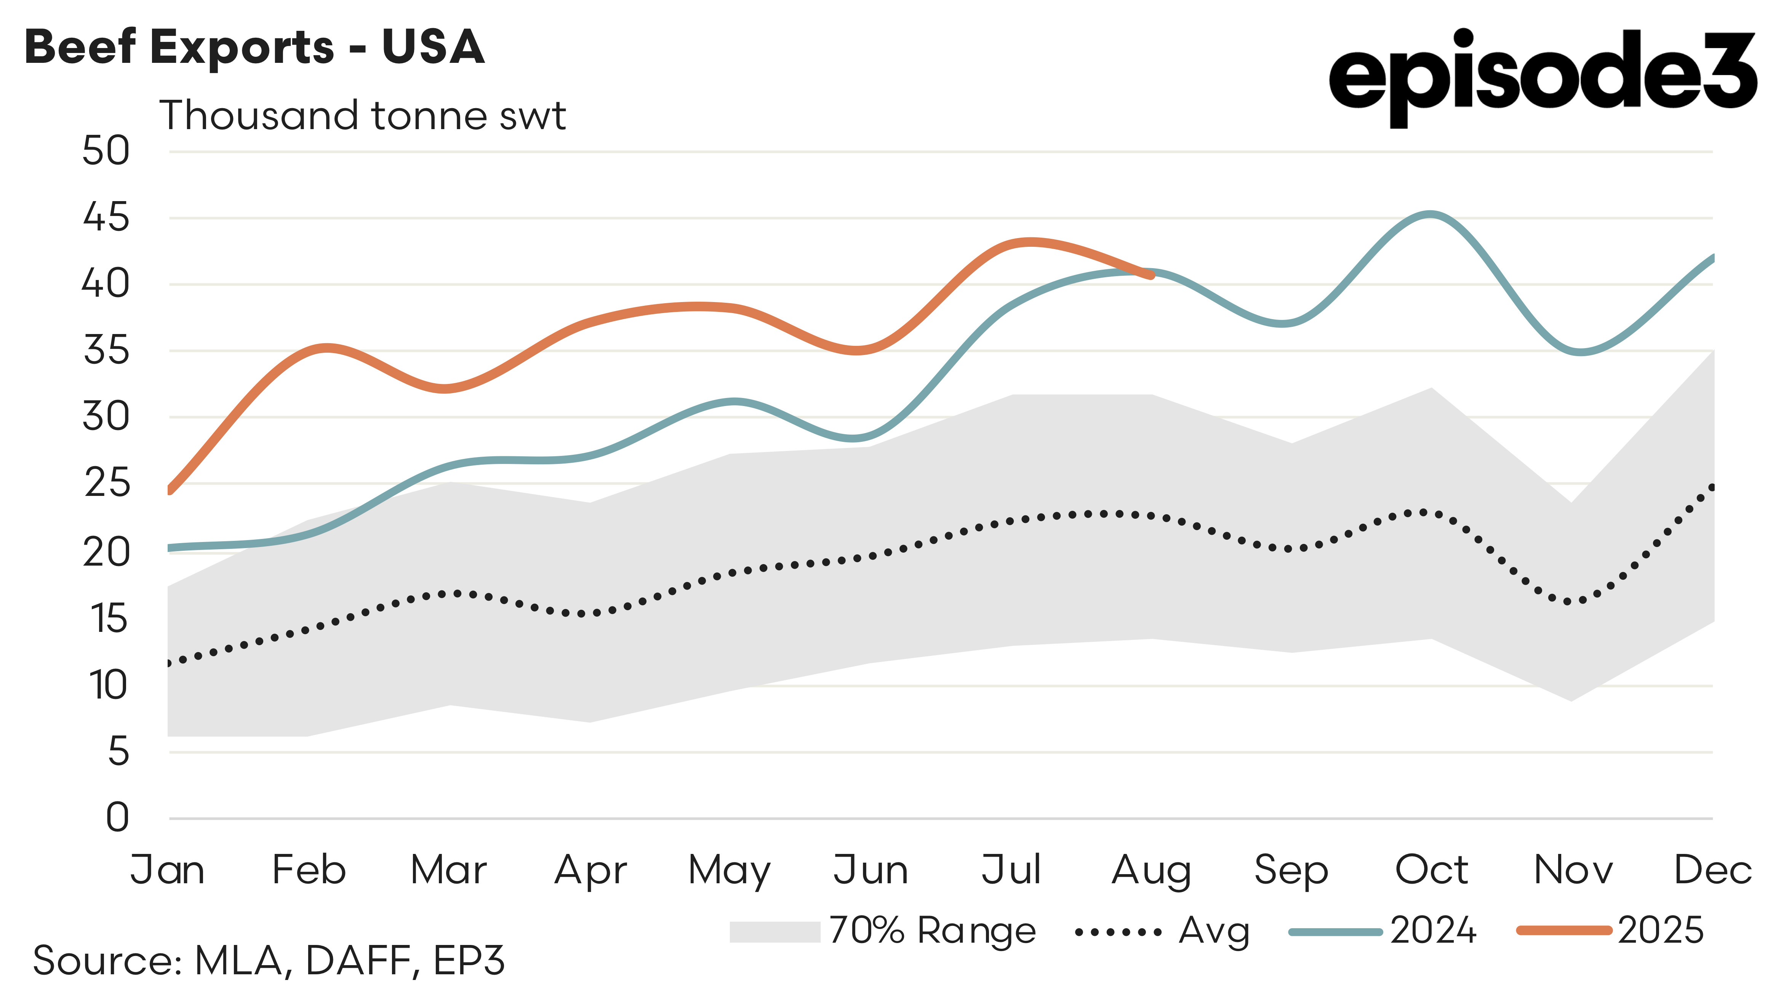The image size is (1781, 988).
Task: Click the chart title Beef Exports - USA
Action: coord(254,47)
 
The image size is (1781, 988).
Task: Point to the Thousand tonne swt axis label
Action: coord(362,115)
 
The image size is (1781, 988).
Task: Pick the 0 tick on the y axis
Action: coord(118,817)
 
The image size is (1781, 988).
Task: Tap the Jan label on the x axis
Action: coord(168,870)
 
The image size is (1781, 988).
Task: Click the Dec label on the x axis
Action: coord(1712,870)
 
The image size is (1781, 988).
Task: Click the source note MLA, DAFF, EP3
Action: coord(268,960)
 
